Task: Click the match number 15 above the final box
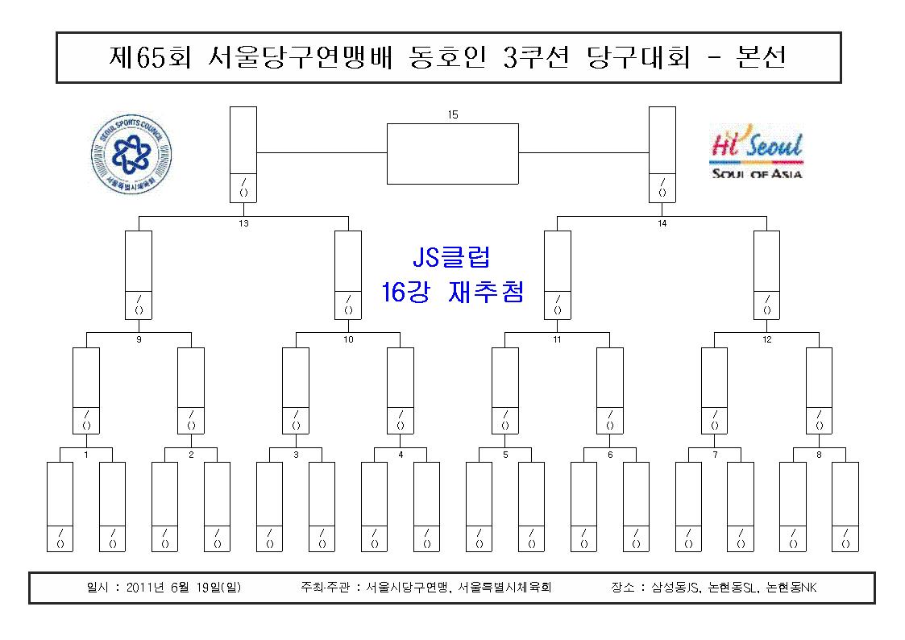(453, 114)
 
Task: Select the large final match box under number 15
(453, 154)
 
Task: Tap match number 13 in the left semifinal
(243, 223)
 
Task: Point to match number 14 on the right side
(662, 223)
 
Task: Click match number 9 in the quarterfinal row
(139, 339)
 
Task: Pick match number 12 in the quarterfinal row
(767, 339)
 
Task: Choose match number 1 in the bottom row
(86, 455)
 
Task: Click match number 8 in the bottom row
(819, 455)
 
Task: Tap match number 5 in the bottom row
(505, 455)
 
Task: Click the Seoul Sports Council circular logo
(131, 154)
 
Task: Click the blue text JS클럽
(452, 257)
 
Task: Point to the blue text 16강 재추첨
(453, 292)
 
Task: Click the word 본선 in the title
(762, 57)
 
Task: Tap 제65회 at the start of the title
(149, 57)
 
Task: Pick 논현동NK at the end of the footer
(791, 588)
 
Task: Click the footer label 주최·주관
(325, 588)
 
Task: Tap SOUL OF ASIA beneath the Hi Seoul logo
(758, 174)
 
